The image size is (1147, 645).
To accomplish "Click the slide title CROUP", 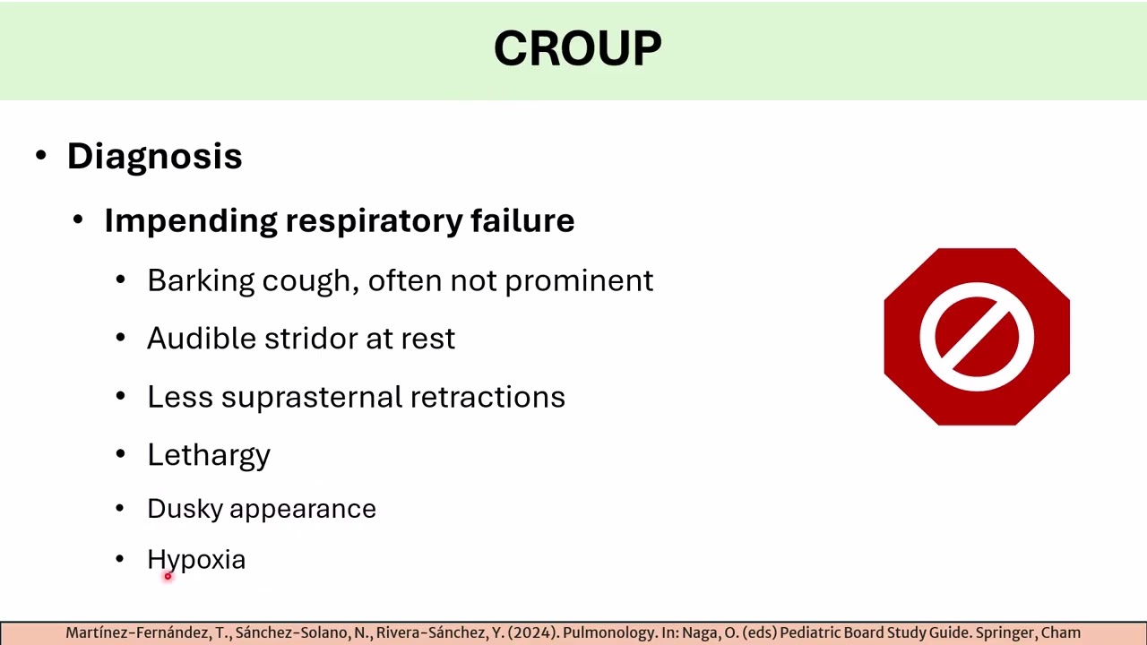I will pos(577,48).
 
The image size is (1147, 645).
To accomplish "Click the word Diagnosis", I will pos(154,156).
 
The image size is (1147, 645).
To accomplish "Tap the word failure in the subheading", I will pos(522,220).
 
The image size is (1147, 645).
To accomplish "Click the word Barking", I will pos(200,281).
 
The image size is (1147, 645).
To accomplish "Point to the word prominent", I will pos(579,281).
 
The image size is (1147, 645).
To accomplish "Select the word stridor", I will pos(311,339).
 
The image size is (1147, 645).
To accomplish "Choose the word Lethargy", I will pos(209,455).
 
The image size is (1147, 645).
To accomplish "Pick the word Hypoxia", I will pos(196,560).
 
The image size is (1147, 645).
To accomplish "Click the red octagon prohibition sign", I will pos(977,337).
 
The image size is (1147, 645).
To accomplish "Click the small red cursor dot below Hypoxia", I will pos(168,577).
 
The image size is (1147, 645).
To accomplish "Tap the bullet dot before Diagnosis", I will pos(41,156).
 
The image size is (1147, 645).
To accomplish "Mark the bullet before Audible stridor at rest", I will pos(121,339).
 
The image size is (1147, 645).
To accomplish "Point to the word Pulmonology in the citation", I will pos(603,633).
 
